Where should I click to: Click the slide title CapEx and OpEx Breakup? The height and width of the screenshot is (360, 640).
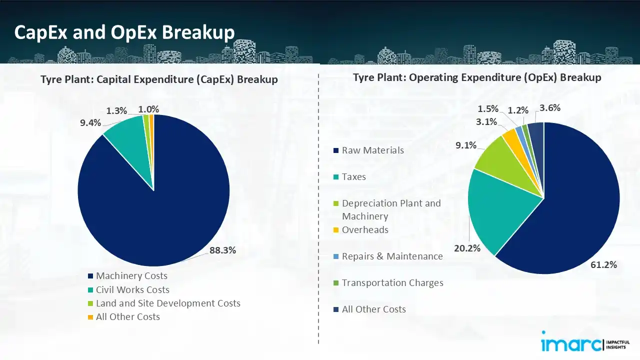[124, 32]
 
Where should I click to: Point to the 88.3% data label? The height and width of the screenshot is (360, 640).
[222, 251]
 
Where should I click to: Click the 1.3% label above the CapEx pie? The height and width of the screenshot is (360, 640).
[116, 110]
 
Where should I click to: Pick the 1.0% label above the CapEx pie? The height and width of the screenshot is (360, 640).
[148, 109]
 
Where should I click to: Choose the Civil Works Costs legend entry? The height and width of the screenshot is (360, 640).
[132, 290]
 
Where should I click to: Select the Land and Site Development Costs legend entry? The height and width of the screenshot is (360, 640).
[168, 303]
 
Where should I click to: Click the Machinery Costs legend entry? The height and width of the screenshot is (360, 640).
[131, 276]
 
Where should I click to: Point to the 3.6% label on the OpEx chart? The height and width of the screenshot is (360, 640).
[550, 107]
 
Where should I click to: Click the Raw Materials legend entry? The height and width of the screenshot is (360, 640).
[372, 150]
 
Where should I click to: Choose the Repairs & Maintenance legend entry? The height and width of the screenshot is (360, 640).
[392, 256]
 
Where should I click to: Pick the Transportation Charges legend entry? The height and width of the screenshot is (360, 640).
[392, 283]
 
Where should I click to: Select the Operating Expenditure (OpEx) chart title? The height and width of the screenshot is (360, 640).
[477, 78]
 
